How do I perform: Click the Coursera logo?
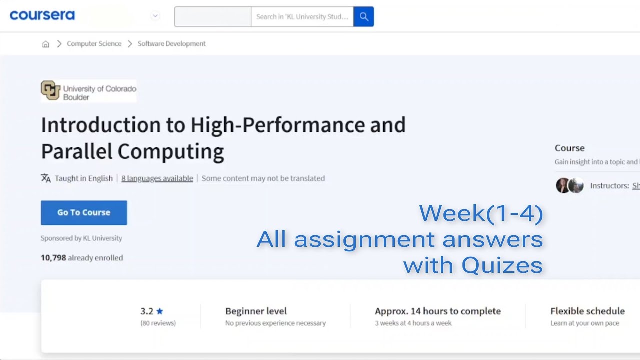[42, 15]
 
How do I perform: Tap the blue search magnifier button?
[363, 17]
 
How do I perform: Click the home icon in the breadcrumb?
[45, 44]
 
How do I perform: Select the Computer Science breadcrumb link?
[94, 44]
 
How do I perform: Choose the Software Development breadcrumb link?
[171, 44]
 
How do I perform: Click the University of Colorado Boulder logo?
[88, 91]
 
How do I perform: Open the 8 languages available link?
[157, 178]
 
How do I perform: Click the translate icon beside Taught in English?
[46, 178]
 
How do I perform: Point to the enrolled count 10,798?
[53, 258]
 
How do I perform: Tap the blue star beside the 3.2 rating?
[160, 311]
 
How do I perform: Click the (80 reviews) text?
[158, 323]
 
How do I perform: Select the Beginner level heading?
[256, 311]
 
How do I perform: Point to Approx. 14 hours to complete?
[437, 311]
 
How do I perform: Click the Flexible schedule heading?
[587, 311]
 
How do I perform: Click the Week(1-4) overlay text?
[481, 213]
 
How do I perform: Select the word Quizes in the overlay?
[502, 265]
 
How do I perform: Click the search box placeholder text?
[302, 17]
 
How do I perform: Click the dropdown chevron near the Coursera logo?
[155, 16]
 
